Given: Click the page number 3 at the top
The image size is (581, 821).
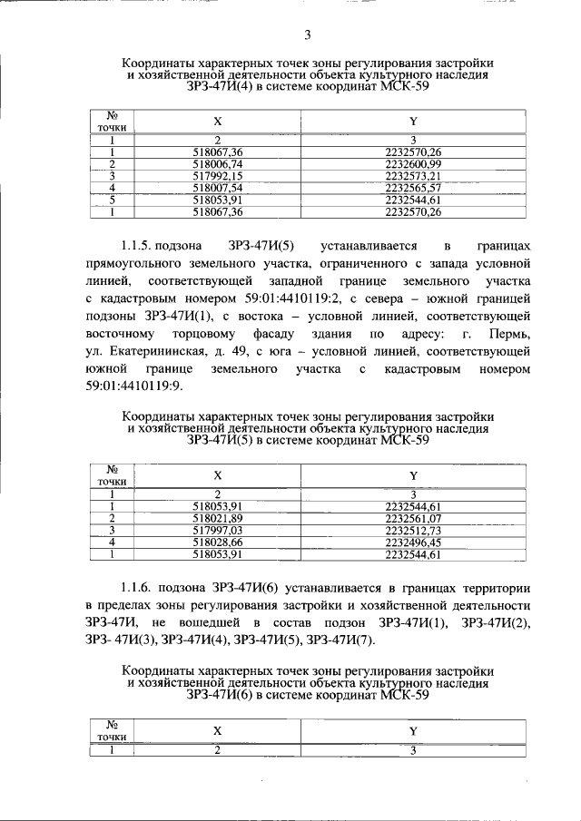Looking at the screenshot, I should (x=307, y=35).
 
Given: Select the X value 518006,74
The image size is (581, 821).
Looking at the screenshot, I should (x=218, y=163).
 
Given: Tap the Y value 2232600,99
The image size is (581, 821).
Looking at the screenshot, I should (x=412, y=163).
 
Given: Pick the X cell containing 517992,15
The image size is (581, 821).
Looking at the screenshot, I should (x=218, y=175).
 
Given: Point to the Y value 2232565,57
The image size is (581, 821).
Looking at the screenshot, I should (x=412, y=187).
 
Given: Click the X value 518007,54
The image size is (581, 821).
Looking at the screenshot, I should (x=218, y=187).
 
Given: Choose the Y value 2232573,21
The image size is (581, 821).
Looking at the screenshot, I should (x=412, y=175).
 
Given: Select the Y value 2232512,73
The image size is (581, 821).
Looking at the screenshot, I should (x=412, y=530).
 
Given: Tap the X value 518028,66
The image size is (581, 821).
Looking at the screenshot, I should (x=218, y=542).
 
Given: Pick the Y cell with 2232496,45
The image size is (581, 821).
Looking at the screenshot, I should (x=412, y=542).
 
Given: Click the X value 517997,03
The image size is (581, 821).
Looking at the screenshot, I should (x=218, y=530).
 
